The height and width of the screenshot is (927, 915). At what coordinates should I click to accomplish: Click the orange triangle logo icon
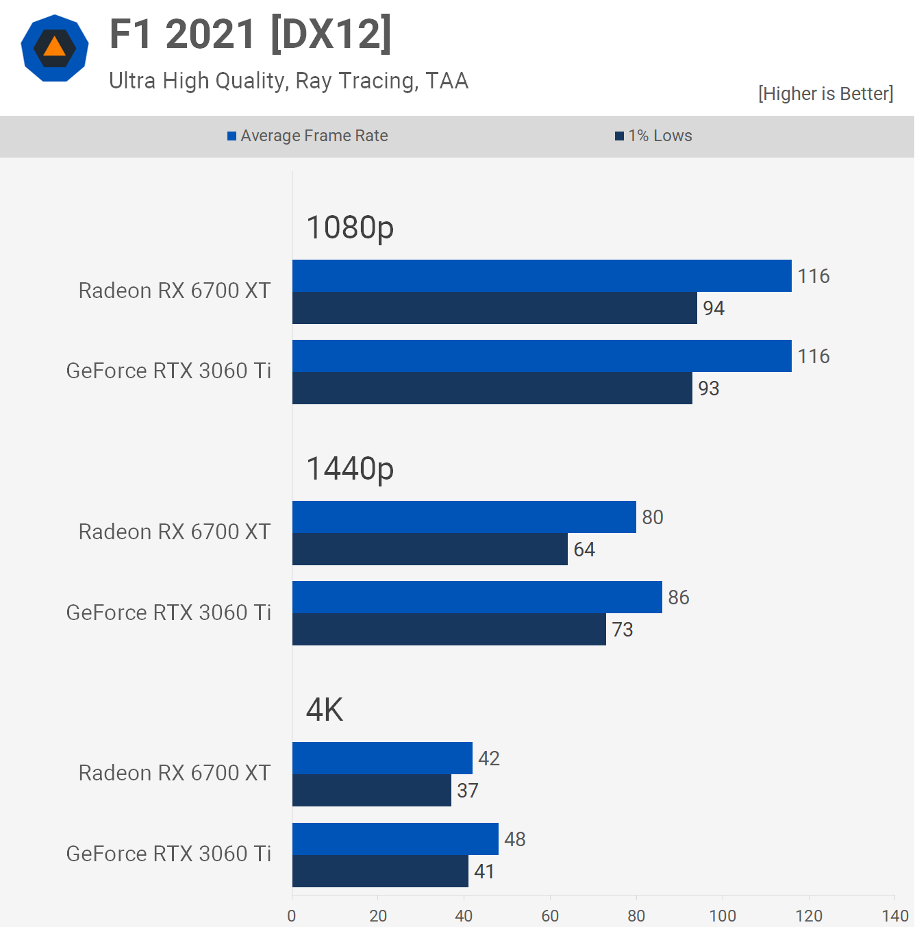pos(55,48)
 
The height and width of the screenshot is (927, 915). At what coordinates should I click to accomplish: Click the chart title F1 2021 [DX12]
pos(251,34)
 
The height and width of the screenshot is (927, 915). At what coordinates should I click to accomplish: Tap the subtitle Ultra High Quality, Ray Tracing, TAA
pos(288,81)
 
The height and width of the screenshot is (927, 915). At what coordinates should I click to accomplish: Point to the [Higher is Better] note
pos(825,94)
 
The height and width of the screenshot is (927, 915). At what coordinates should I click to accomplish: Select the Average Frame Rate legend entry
pos(308,136)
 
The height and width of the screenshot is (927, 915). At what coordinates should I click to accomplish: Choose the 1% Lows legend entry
pos(654,136)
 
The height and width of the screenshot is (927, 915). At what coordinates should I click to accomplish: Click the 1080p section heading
pos(350,227)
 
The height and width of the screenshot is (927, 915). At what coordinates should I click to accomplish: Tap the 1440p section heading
pos(350,469)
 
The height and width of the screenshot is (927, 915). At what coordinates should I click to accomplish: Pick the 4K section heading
pos(325,710)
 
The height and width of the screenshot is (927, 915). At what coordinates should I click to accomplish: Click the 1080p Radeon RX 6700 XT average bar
pos(541,276)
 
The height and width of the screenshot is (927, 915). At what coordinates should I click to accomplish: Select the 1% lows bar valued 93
pos(492,388)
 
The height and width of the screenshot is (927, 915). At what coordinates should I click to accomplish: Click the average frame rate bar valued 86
pos(477,597)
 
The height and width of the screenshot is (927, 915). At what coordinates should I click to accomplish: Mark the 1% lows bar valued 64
pos(429,549)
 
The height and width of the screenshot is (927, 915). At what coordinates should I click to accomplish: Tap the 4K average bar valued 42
pos(382,758)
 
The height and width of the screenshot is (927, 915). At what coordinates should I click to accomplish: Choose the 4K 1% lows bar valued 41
pos(380,872)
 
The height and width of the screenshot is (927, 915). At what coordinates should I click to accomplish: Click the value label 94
pos(714,308)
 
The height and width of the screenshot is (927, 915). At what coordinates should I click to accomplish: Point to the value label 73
pos(623,630)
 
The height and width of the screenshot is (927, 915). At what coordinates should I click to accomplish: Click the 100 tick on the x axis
pos(723,916)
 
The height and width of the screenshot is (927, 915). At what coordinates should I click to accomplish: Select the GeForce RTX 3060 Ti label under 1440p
pos(168,613)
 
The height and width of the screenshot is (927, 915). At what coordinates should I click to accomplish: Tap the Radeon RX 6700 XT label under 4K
pos(175,773)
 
